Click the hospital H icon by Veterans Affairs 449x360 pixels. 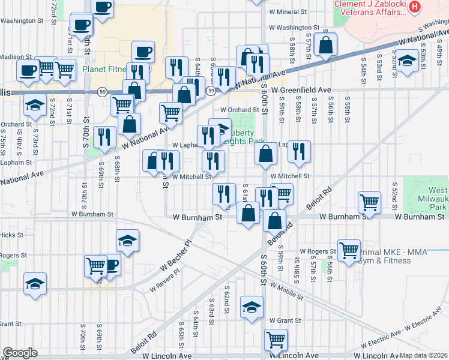coord(414,7)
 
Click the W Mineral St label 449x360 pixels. coord(288,11)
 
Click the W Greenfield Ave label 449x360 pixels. coord(301,90)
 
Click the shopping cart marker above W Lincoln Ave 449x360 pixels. coord(276,339)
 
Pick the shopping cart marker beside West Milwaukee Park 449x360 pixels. coord(370,202)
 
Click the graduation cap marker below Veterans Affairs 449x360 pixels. coord(408,61)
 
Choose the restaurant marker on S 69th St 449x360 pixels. coord(106,137)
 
